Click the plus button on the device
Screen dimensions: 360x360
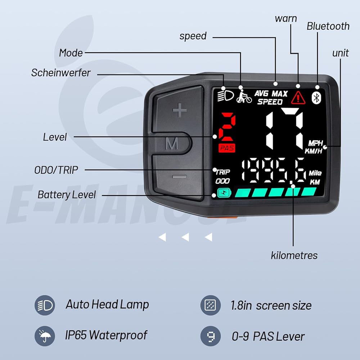[180, 110]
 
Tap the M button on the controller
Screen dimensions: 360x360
[172, 144]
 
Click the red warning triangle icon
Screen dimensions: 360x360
[298, 98]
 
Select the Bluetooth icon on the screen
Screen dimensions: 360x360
[316, 98]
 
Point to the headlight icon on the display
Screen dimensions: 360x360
[225, 96]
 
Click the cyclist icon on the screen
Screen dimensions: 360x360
[244, 96]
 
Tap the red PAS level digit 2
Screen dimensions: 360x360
[227, 127]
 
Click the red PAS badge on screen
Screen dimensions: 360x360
[227, 148]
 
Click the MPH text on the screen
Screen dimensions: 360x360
[315, 143]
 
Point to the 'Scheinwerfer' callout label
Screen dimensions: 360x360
[61, 73]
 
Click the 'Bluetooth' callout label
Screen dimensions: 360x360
[328, 26]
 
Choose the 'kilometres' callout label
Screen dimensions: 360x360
[294, 255]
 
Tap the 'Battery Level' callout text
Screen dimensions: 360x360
[67, 195]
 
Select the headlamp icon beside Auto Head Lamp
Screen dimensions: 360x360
[45, 305]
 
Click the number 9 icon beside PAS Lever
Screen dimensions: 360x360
[211, 336]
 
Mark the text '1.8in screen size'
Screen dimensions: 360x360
[271, 305]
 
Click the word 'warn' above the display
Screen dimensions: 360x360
[286, 19]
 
